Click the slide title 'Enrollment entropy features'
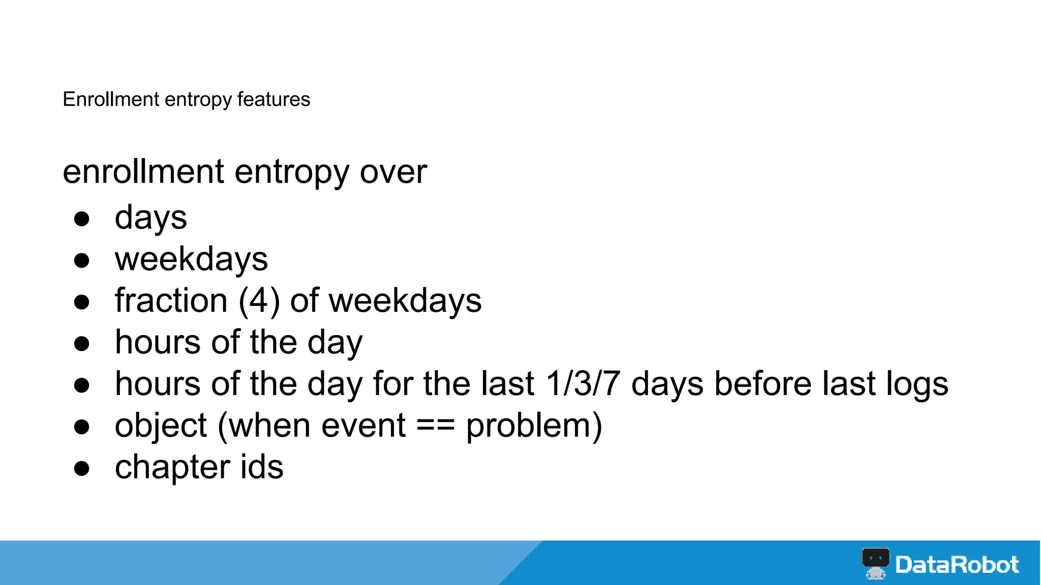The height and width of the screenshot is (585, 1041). pos(186,100)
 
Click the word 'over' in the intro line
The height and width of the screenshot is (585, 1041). pos(393,172)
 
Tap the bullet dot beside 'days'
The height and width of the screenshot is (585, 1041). pos(82,219)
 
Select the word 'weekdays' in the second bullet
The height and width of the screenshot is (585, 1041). pos(191,259)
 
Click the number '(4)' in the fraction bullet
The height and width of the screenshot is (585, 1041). pos(259,301)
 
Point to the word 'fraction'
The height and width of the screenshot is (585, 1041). pos(171,301)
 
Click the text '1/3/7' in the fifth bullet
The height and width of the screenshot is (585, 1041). pos(583,383)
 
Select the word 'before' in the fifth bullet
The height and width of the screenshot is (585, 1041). pos(760,383)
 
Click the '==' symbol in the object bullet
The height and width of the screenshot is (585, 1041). pos(436,426)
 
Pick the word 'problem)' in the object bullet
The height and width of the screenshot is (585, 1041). pos(534,426)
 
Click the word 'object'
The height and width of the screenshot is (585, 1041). pos(161,426)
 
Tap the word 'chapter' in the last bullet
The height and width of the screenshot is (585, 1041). pos(172,468)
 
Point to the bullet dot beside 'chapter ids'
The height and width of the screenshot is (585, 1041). pos(82,468)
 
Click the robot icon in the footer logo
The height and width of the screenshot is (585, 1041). pos(875,563)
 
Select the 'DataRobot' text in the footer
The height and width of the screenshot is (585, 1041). pos(957,565)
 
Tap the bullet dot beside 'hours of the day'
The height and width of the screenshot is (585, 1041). pos(82,344)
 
